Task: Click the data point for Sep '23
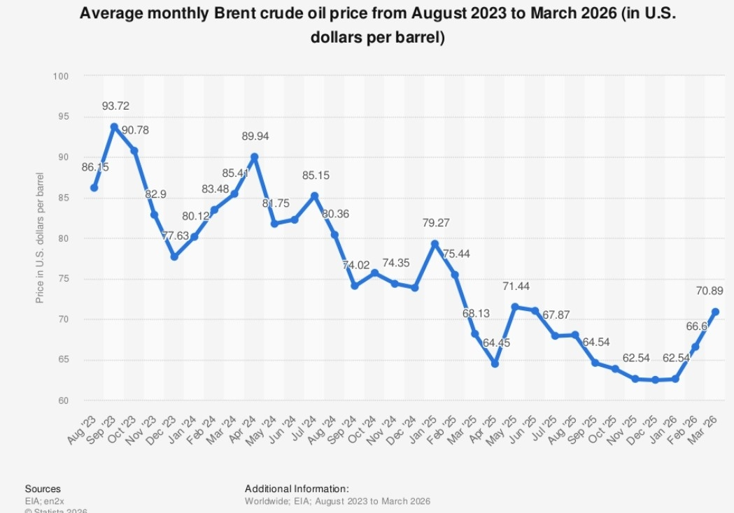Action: [114, 127]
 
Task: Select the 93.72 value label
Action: [115, 106]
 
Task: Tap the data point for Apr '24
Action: [254, 157]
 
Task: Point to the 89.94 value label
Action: [255, 136]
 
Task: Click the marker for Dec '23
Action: [174, 257]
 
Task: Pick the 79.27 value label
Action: [435, 224]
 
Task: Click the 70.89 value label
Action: [709, 291]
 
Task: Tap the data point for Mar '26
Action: [716, 312]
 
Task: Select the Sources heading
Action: [43, 489]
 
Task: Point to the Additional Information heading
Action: [297, 489]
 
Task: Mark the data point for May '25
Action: [515, 307]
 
